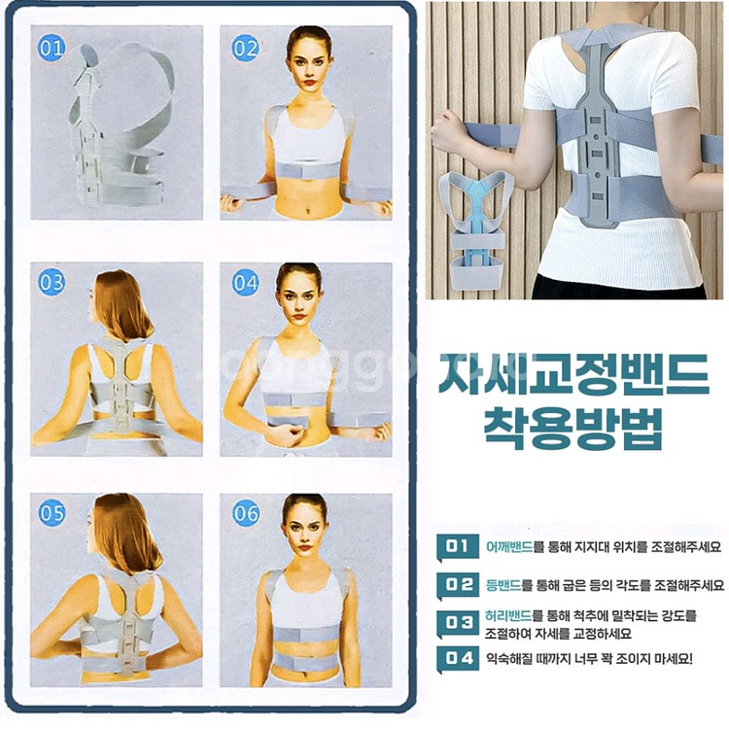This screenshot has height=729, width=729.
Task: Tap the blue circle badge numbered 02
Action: tap(246, 45)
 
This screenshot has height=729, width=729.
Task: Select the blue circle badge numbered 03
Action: tap(50, 283)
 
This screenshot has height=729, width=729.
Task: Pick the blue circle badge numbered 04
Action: tap(246, 283)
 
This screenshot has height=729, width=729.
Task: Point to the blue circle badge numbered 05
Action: tap(51, 513)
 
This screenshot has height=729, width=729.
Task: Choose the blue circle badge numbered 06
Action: tap(246, 513)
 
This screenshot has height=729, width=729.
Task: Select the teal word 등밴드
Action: tap(503, 585)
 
